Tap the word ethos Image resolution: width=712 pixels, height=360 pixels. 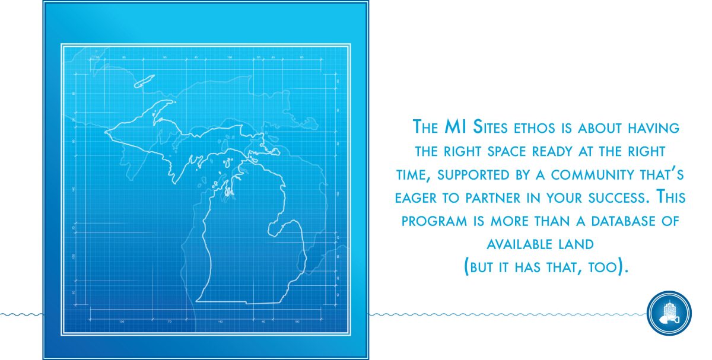click(x=535, y=128)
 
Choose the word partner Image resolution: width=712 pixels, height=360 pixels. click(x=493, y=198)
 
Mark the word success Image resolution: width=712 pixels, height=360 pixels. click(x=618, y=198)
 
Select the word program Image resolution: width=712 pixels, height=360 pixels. click(x=434, y=221)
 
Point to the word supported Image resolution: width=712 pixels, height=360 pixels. click(x=473, y=175)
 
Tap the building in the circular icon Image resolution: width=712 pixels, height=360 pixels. click(x=670, y=310)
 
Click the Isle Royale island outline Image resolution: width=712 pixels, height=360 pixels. click(x=144, y=81)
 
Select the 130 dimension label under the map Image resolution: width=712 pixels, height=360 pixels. click(x=122, y=322)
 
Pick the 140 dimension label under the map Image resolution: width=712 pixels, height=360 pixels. click(x=220, y=322)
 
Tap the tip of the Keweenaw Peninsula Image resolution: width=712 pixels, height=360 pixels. click(x=174, y=101)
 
